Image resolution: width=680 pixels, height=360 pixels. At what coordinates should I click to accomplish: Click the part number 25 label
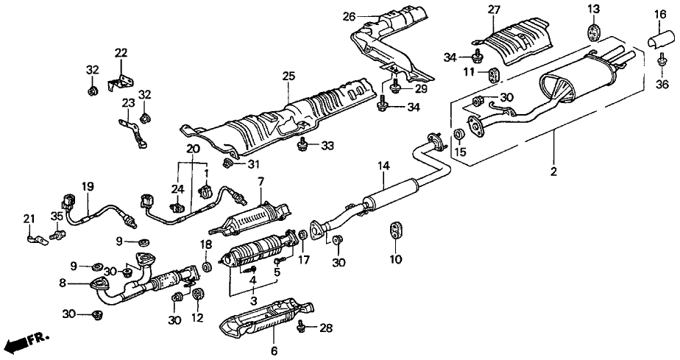click(288, 76)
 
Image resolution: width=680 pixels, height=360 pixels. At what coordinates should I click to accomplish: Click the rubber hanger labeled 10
click(396, 229)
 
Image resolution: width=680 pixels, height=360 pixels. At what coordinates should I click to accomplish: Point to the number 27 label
click(492, 9)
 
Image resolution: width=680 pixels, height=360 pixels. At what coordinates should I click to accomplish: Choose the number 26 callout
click(349, 15)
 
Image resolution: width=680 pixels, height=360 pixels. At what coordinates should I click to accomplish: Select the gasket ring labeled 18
click(207, 264)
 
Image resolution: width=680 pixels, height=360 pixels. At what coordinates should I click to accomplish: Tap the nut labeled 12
click(197, 294)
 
